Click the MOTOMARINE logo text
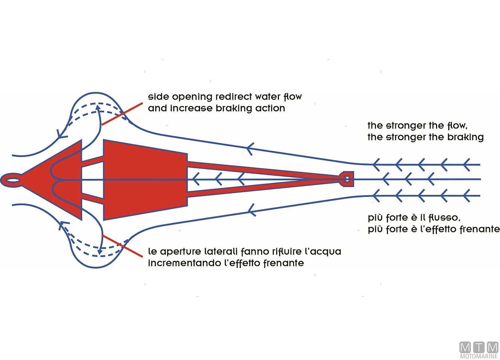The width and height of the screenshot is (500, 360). [x=478, y=356]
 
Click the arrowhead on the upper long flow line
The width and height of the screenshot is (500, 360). [x=250, y=147]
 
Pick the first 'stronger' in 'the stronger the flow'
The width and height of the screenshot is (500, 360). [x=406, y=125]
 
